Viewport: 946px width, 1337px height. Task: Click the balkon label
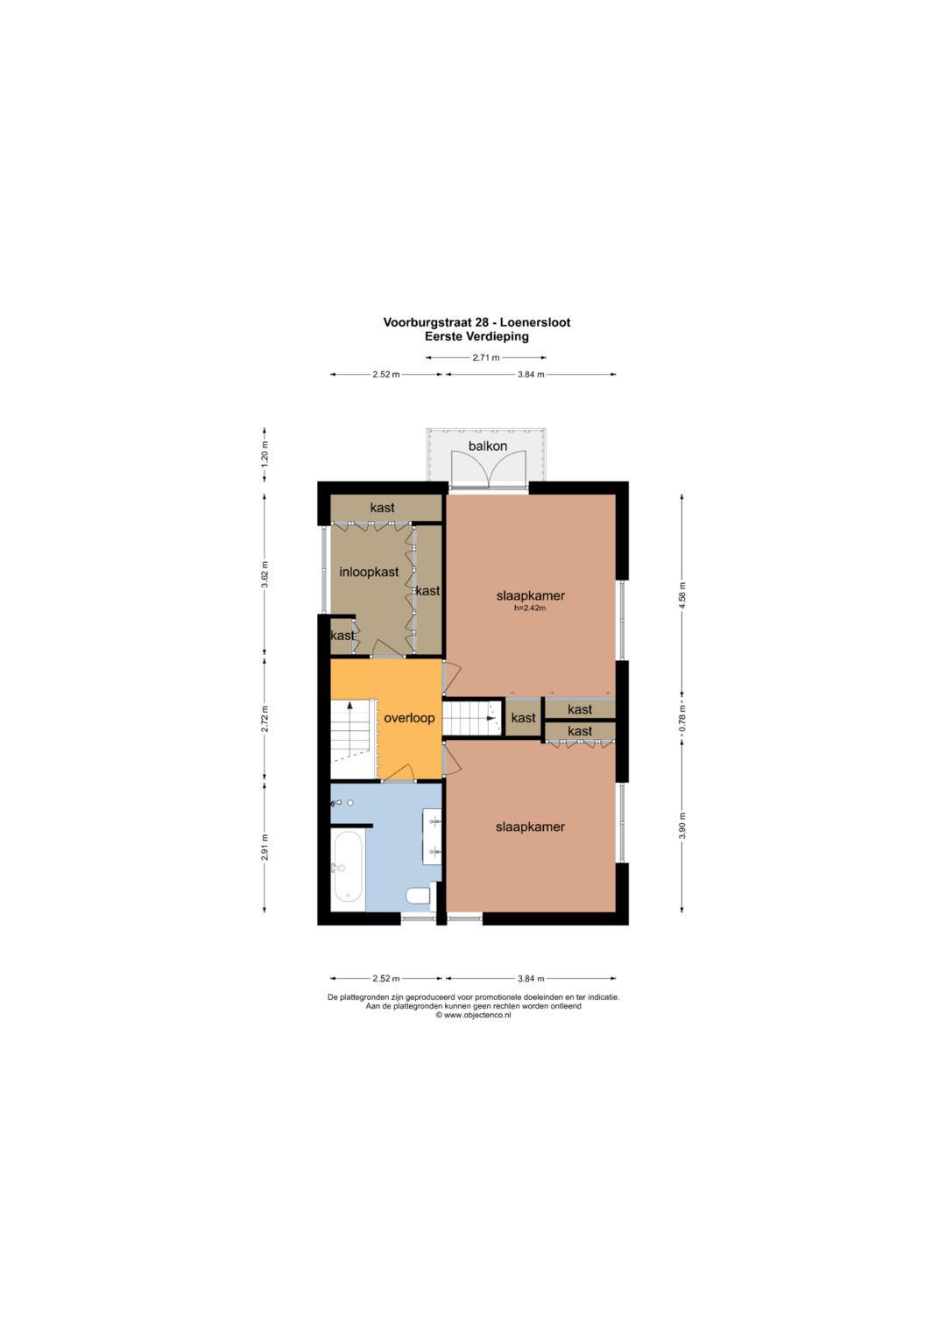click(487, 446)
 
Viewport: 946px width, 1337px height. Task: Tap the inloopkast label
click(369, 572)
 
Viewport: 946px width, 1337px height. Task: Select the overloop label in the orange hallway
click(409, 718)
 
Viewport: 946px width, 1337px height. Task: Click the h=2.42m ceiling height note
click(530, 609)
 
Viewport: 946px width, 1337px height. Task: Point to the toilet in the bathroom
click(418, 895)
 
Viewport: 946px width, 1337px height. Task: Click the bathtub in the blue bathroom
click(348, 866)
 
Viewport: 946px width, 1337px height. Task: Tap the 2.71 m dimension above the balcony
click(485, 358)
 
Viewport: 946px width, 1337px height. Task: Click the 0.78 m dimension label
click(682, 719)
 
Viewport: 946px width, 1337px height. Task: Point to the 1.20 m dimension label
click(265, 454)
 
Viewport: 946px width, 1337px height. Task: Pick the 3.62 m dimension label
click(265, 574)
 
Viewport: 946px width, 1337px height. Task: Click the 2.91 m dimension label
click(265, 847)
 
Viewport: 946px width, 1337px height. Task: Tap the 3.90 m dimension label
click(682, 826)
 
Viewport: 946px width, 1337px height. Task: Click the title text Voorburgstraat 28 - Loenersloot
click(477, 322)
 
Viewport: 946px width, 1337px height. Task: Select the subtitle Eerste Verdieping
click(477, 336)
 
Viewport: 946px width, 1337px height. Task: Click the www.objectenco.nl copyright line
click(473, 1015)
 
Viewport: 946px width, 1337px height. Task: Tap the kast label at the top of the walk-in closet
click(382, 507)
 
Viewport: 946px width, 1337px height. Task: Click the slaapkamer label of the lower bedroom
click(530, 827)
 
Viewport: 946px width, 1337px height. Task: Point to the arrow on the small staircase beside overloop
click(491, 719)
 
